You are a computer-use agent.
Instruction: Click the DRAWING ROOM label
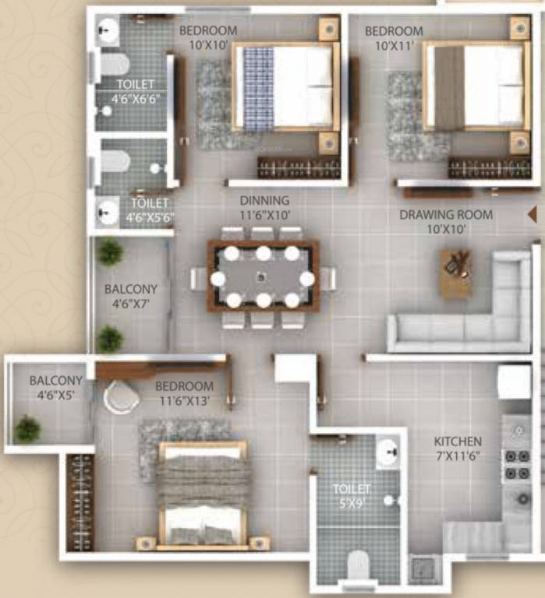click(446, 215)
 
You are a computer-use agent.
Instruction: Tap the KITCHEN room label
click(458, 441)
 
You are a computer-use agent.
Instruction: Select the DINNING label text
click(264, 200)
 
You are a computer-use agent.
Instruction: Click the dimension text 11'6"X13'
click(184, 401)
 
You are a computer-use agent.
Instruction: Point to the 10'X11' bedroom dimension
click(395, 46)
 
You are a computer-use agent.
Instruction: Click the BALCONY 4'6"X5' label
click(56, 388)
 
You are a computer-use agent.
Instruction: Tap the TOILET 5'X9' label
click(351, 496)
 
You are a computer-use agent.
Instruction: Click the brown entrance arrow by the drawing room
click(532, 214)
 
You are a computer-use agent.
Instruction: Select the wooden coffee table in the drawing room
click(455, 273)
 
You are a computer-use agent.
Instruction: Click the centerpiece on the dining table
click(261, 276)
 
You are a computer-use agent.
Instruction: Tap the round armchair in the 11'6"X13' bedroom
click(121, 397)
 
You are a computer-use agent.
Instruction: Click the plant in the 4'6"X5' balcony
click(27, 429)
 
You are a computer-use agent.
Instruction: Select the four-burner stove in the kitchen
click(518, 465)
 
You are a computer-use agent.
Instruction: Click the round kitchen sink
click(523, 498)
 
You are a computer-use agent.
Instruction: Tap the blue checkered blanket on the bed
click(259, 87)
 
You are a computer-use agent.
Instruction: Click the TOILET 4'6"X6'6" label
click(136, 92)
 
